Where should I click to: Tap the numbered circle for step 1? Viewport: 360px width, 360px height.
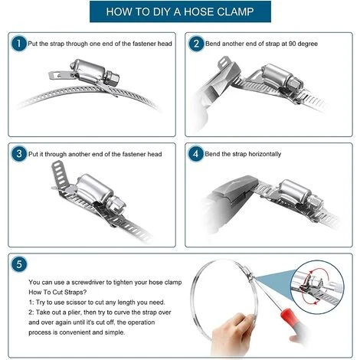pos(19,44)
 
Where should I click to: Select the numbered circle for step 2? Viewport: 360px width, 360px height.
pos(196,44)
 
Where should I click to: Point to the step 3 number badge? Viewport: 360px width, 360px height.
pos(19,154)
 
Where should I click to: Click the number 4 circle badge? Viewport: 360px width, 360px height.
pos(196,154)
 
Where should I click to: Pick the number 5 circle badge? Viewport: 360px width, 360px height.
pos(19,264)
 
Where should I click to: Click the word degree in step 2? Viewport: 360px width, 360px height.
pos(308,44)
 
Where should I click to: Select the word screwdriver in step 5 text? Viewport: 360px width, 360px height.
pos(88,283)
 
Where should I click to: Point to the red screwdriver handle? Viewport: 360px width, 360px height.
pos(289,316)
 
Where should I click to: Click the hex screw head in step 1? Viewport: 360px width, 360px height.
pos(112,78)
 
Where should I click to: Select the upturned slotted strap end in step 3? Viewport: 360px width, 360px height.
pos(60,175)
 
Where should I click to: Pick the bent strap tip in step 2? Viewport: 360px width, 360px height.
pos(224,63)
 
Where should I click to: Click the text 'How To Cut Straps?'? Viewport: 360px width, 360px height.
pos(57,293)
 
